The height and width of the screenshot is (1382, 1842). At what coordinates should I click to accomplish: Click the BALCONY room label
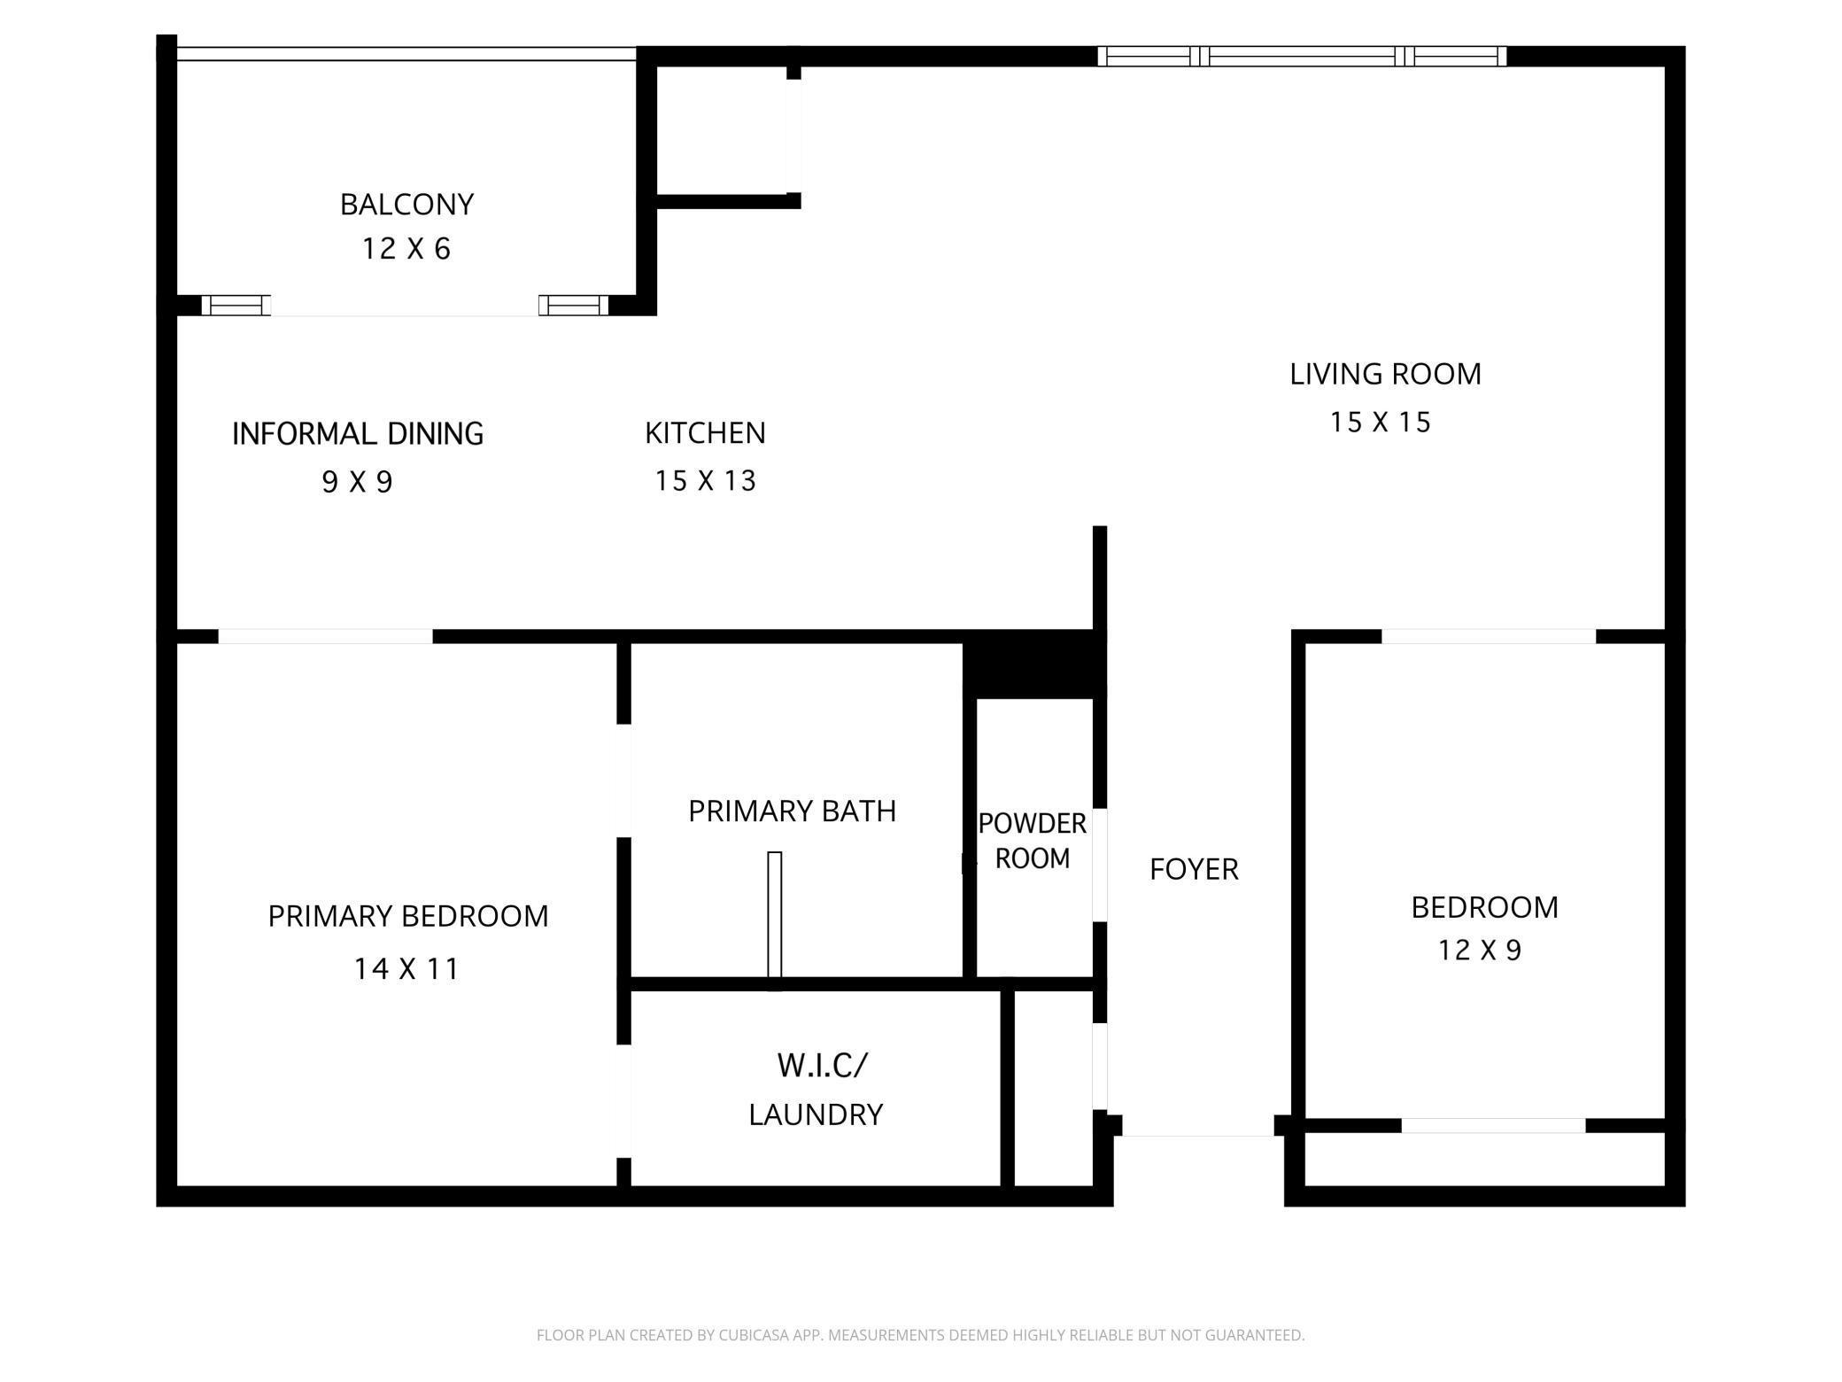406,205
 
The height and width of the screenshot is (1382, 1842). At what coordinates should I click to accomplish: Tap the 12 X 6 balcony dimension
406,249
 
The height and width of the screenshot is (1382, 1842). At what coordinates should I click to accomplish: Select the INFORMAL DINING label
358,433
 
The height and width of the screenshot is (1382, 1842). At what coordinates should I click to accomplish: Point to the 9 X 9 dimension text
357,482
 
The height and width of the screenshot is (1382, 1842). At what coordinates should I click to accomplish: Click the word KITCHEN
705,433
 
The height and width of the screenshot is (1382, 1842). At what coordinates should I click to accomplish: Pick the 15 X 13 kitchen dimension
705,481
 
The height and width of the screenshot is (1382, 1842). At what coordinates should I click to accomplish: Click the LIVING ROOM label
1385,374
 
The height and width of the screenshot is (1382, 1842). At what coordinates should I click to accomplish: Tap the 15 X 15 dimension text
1380,422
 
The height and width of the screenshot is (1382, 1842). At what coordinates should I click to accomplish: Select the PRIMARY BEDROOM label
408,916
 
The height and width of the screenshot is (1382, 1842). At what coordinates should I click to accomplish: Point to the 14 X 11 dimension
406,968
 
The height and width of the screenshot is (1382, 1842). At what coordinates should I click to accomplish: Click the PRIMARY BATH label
792,811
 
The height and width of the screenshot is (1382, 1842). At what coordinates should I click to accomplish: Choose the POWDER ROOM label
1032,841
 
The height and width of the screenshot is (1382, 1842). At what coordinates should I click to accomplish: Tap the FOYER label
1194,869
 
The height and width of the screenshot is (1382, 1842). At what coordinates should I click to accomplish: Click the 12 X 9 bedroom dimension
1479,951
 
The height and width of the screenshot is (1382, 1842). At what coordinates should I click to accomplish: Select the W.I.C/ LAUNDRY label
817,1089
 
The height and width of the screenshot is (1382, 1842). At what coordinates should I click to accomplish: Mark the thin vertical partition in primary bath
774,915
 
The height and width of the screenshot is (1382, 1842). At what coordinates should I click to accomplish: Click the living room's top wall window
1302,57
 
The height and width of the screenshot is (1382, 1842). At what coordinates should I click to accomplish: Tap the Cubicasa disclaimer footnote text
920,1334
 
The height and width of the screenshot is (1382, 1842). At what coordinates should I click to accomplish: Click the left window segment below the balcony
236,306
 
